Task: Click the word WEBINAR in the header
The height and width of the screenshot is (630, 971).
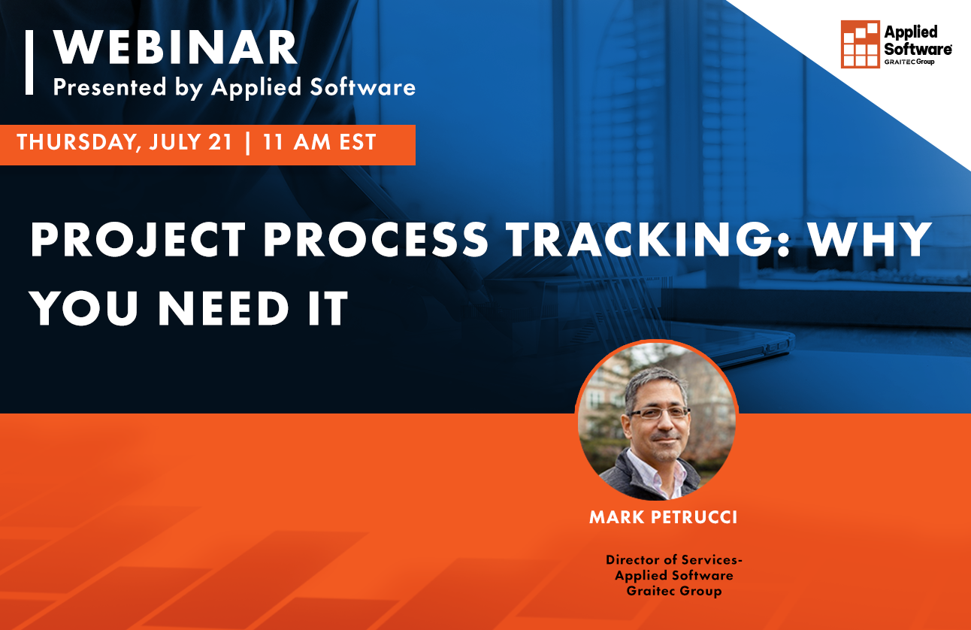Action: click(x=175, y=49)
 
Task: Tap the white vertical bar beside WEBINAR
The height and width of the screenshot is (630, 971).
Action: click(x=29, y=62)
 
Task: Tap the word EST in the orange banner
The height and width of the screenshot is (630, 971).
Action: click(x=358, y=143)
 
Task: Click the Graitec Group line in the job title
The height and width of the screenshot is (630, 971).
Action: click(x=673, y=591)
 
